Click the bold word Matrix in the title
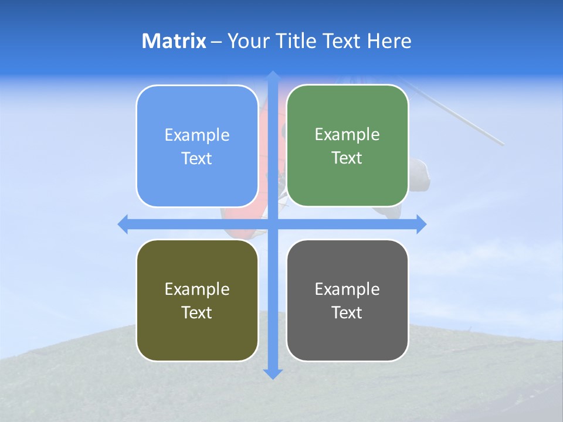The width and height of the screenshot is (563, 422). point(174,41)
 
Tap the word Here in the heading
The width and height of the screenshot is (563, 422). point(389,41)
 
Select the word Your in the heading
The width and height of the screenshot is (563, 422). point(246,41)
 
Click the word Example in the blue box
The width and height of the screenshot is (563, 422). point(197,135)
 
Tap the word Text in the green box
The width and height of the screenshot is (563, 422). point(347,158)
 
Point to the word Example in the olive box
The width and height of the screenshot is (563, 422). point(197,289)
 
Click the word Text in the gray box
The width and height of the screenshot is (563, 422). point(347,312)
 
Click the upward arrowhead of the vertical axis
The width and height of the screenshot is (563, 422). point(273,76)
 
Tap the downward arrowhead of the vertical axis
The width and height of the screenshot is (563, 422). point(273,373)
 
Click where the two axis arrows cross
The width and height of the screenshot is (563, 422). point(273,224)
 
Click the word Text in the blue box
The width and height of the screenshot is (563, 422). point(197,159)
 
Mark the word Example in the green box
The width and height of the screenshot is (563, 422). point(347,135)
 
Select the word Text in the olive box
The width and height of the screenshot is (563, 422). point(197,312)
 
